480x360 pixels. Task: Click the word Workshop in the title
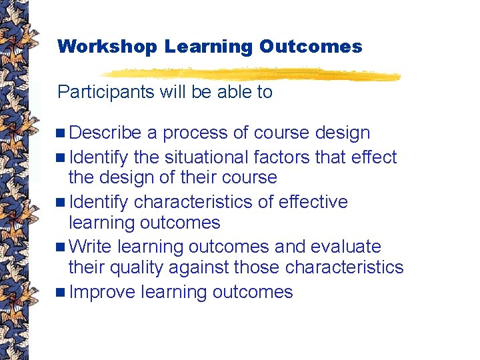click(x=107, y=47)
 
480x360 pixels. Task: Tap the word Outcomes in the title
click(x=311, y=47)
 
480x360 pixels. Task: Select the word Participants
click(x=106, y=92)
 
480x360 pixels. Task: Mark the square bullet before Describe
click(x=62, y=133)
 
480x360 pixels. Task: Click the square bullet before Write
click(x=62, y=247)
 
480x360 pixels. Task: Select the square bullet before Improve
click(x=62, y=293)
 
